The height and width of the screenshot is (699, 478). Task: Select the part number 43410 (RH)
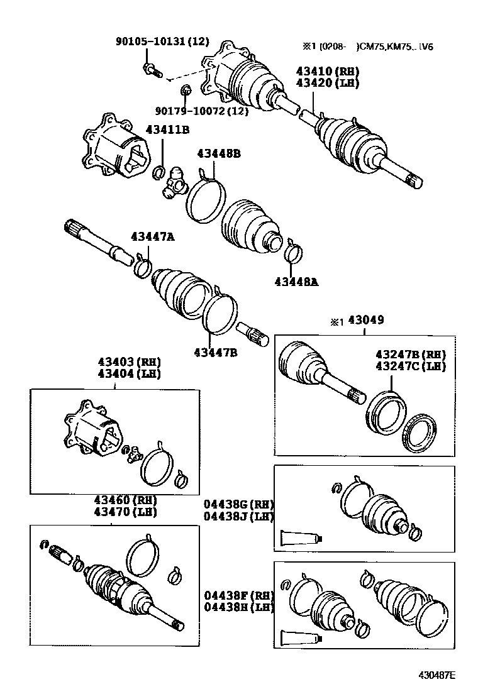(x=327, y=72)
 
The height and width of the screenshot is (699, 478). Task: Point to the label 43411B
(x=168, y=129)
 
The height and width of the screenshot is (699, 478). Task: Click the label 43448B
(x=218, y=153)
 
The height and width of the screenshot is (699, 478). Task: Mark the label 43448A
(x=296, y=282)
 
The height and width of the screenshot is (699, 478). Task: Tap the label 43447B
(x=215, y=351)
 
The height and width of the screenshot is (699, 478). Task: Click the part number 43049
(x=366, y=321)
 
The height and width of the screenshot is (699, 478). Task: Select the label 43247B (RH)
(x=410, y=355)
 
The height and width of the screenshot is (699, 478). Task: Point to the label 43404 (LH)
(x=129, y=373)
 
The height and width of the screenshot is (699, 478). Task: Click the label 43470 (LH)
(x=125, y=512)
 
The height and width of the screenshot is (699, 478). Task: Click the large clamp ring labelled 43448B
(x=204, y=199)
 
